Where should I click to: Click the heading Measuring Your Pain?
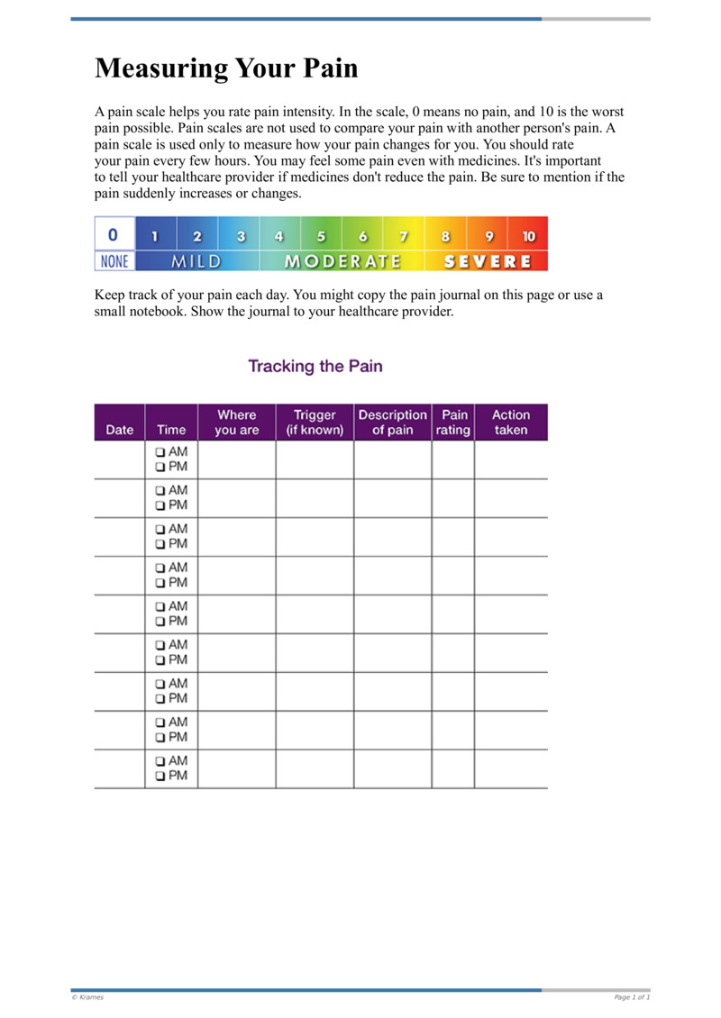tap(226, 68)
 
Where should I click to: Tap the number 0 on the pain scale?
tap(113, 234)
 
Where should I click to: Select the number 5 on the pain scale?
tap(321, 237)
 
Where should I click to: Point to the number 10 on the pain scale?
tap(528, 237)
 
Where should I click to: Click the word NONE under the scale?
tap(114, 261)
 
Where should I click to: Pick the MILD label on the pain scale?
tap(196, 261)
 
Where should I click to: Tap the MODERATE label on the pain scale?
tap(342, 261)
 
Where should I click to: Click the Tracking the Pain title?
tap(315, 366)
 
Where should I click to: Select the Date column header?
tap(119, 430)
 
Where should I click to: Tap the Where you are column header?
tap(237, 423)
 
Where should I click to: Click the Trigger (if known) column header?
tap(315, 423)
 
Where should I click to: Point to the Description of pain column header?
tap(392, 423)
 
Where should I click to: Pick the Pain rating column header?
tap(453, 423)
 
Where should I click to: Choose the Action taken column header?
tap(511, 423)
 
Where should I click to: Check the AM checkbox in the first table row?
tap(160, 451)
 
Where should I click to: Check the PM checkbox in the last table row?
tap(160, 776)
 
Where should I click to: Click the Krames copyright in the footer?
tap(87, 997)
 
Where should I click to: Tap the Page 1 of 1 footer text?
tap(632, 997)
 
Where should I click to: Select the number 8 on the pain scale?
tap(445, 237)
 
